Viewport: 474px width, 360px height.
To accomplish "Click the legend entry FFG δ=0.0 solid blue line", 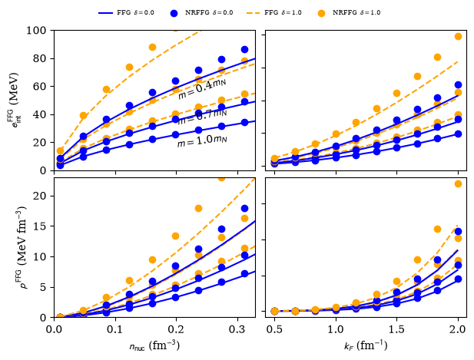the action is pyautogui.click(x=105, y=13).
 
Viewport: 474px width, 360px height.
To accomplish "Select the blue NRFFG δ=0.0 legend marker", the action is pyautogui.click(x=174, y=13).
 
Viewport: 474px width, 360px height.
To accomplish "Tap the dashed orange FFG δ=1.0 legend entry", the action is pyautogui.click(x=254, y=13).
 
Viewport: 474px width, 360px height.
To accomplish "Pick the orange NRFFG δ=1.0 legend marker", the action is pyautogui.click(x=322, y=13).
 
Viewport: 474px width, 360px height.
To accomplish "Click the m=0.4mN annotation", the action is pyautogui.click(x=202, y=89).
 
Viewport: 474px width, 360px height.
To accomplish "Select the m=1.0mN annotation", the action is pyautogui.click(x=202, y=141).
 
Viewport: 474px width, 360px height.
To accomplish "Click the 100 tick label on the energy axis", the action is pyautogui.click(x=36, y=31).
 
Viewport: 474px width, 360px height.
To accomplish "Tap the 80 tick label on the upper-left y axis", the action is pyautogui.click(x=40, y=58).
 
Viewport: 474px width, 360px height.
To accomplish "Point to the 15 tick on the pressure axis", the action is pyautogui.click(x=39, y=226).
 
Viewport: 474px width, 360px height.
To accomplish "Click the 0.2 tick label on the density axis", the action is pyautogui.click(x=176, y=329).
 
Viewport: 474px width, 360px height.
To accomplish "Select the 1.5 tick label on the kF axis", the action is pyautogui.click(x=396, y=329).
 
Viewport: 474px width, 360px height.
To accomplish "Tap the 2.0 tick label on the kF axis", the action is pyautogui.click(x=458, y=329).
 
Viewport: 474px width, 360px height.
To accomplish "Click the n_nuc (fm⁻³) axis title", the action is pyautogui.click(x=154, y=345).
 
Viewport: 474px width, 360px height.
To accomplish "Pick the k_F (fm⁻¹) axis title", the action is pyautogui.click(x=366, y=345).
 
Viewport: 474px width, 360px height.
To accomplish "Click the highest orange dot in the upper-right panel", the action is pyautogui.click(x=458, y=37).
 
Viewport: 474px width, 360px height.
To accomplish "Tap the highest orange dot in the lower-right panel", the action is pyautogui.click(x=458, y=183).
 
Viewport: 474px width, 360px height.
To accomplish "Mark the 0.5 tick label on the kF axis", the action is pyautogui.click(x=274, y=329).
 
